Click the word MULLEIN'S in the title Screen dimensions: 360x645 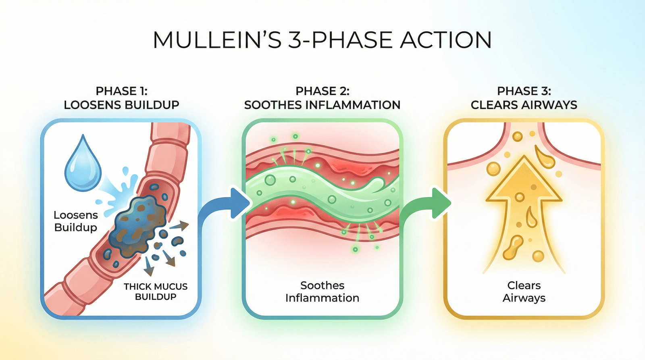coord(217,40)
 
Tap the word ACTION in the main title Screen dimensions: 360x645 coord(446,40)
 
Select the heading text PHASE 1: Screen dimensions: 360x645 coord(121,91)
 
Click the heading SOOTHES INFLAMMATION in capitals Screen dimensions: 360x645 coord(322,105)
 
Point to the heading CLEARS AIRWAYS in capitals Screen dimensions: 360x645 coord(524,105)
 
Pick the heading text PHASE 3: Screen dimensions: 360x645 coord(524,91)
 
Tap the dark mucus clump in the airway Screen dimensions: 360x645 coord(139,222)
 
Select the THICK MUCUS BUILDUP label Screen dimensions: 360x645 coord(156,291)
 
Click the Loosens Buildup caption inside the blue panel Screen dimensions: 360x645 coord(76,221)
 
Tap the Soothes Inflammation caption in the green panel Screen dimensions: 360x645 coord(322,291)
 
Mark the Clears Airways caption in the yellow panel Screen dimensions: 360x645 coord(524,291)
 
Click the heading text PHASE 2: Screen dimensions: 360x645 coord(322,91)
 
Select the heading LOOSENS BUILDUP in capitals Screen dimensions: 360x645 coord(121,105)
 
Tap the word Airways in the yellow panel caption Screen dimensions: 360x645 coord(524,298)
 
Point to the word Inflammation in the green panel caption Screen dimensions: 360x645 coord(322,298)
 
